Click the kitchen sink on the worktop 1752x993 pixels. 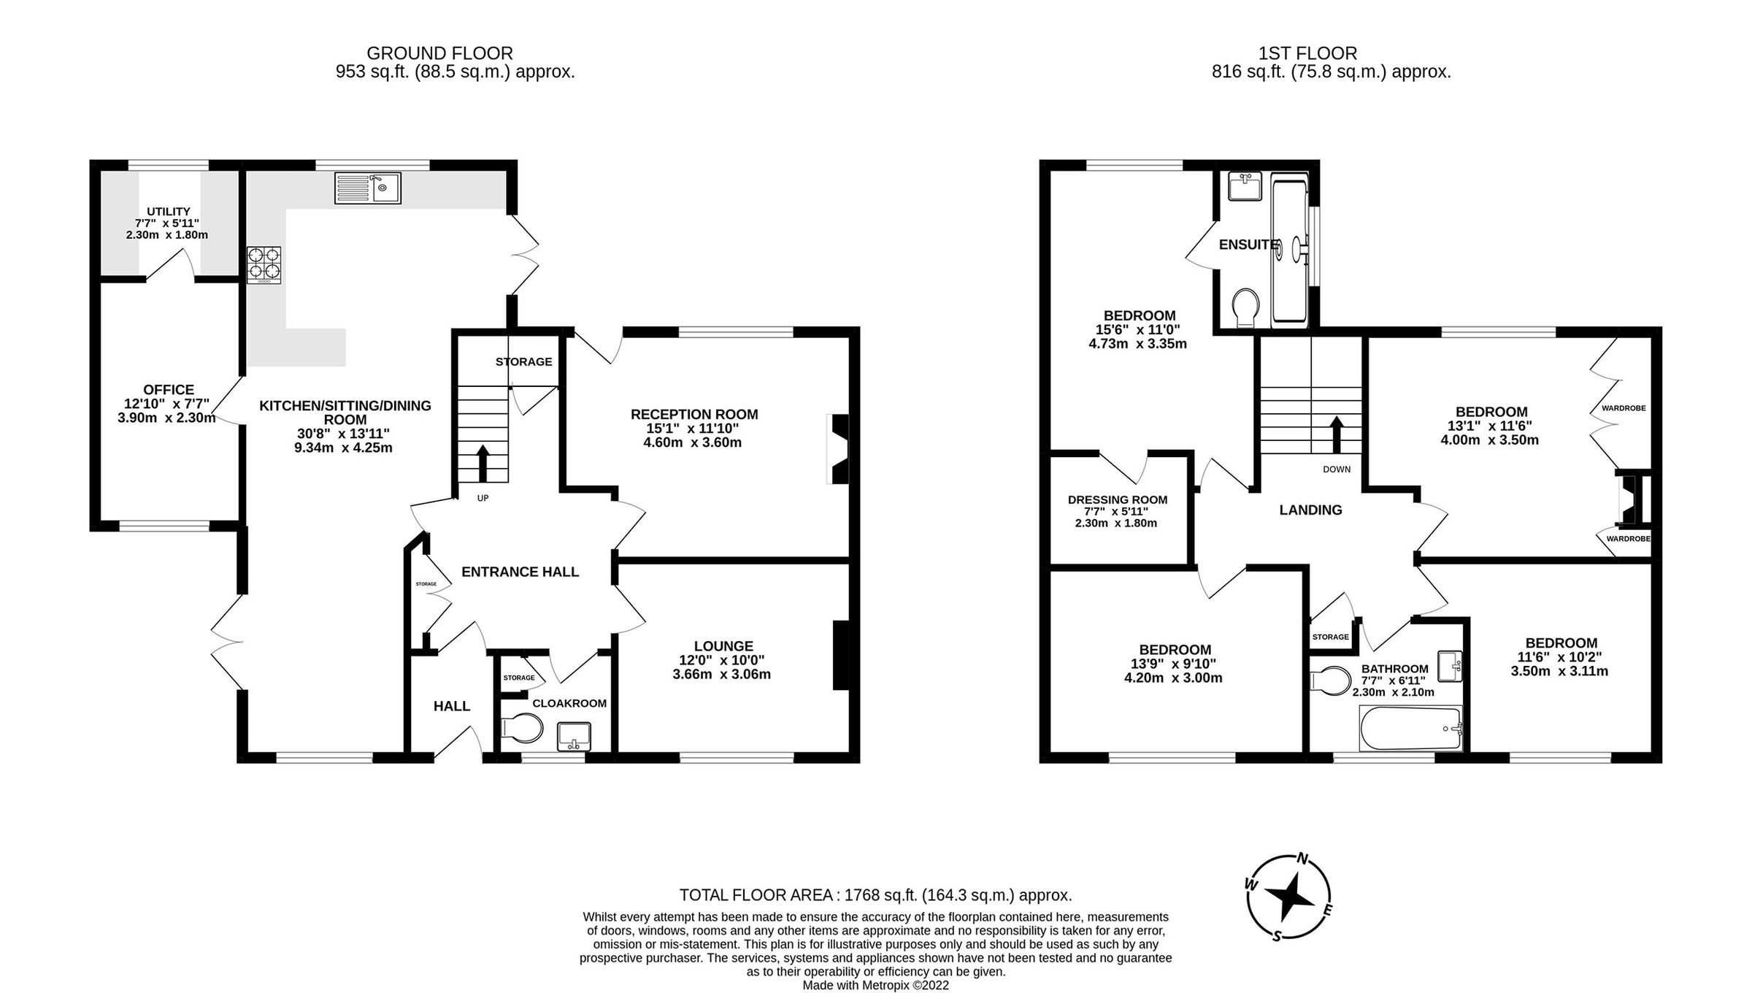368,188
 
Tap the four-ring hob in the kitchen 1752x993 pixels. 264,264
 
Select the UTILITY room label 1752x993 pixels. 168,212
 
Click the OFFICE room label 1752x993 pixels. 169,390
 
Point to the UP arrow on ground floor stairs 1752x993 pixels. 483,463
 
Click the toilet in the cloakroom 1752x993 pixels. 523,729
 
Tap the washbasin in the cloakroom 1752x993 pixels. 575,736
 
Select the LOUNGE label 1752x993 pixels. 723,646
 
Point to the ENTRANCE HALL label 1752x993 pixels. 520,572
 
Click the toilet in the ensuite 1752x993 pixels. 1245,307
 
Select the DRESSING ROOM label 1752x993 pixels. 1117,500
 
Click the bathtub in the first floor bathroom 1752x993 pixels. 1411,729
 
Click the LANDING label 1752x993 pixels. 1310,510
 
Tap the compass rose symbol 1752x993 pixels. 1288,897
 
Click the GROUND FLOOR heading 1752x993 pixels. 439,53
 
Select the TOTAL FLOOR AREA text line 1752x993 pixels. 875,895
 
